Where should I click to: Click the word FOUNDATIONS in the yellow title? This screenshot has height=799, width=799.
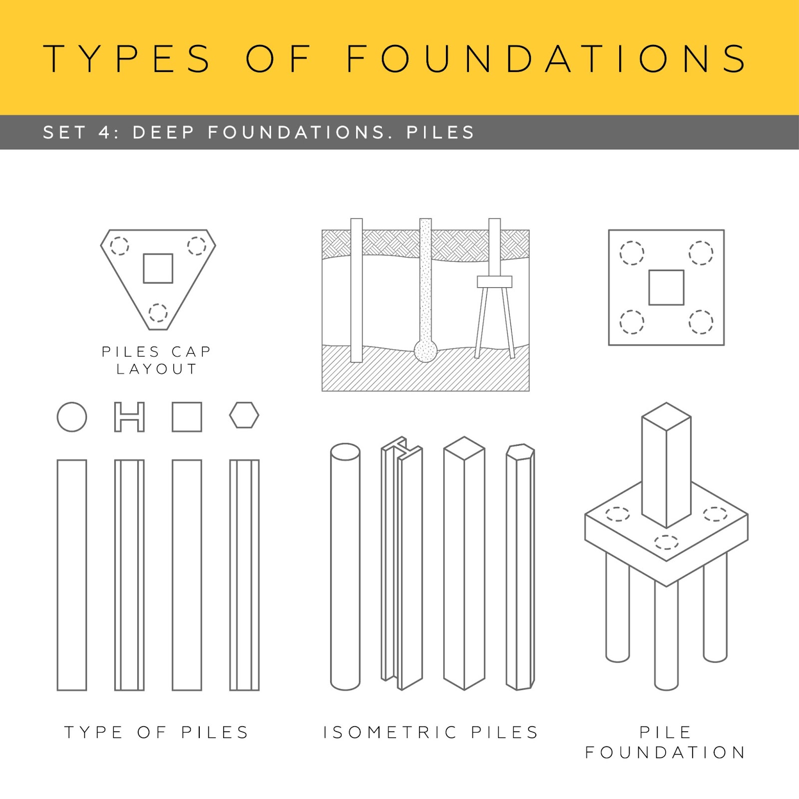coord(546,58)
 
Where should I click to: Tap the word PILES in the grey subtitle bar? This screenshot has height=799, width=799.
coord(440,132)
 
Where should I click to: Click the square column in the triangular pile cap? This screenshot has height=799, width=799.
coord(158,268)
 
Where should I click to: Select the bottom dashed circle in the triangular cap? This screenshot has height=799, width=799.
coord(158,313)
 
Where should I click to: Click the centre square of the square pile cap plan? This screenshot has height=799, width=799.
coord(666,287)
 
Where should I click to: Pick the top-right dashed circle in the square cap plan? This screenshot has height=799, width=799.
coord(701,253)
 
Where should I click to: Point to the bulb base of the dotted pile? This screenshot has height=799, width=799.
coord(425,351)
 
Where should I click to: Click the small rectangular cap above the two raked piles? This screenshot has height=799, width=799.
coord(494,282)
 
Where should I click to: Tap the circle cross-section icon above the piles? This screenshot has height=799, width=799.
coord(72,416)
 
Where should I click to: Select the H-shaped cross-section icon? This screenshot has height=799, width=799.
coord(129,416)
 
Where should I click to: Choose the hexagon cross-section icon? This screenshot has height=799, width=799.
coord(244,415)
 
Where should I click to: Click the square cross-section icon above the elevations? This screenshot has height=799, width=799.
coord(187,416)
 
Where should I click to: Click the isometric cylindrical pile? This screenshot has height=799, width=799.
coord(345,566)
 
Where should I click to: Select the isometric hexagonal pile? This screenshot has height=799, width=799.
coord(520,567)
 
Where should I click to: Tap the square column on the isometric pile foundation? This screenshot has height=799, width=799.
coord(666,464)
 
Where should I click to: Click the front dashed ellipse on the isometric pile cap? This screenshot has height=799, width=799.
coord(666,541)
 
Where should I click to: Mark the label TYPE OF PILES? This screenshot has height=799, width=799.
coord(156,732)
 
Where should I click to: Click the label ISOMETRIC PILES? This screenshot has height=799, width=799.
coord(430,732)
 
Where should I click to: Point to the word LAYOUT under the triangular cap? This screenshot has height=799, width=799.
coord(157,369)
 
